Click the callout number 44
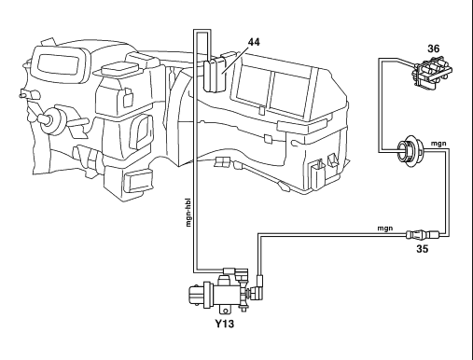[254, 42]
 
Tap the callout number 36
[434, 48]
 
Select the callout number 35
[422, 249]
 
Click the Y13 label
[225, 324]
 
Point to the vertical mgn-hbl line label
[188, 213]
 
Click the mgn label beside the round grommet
[438, 144]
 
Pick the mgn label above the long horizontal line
[385, 228]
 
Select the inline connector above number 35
[423, 234]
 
